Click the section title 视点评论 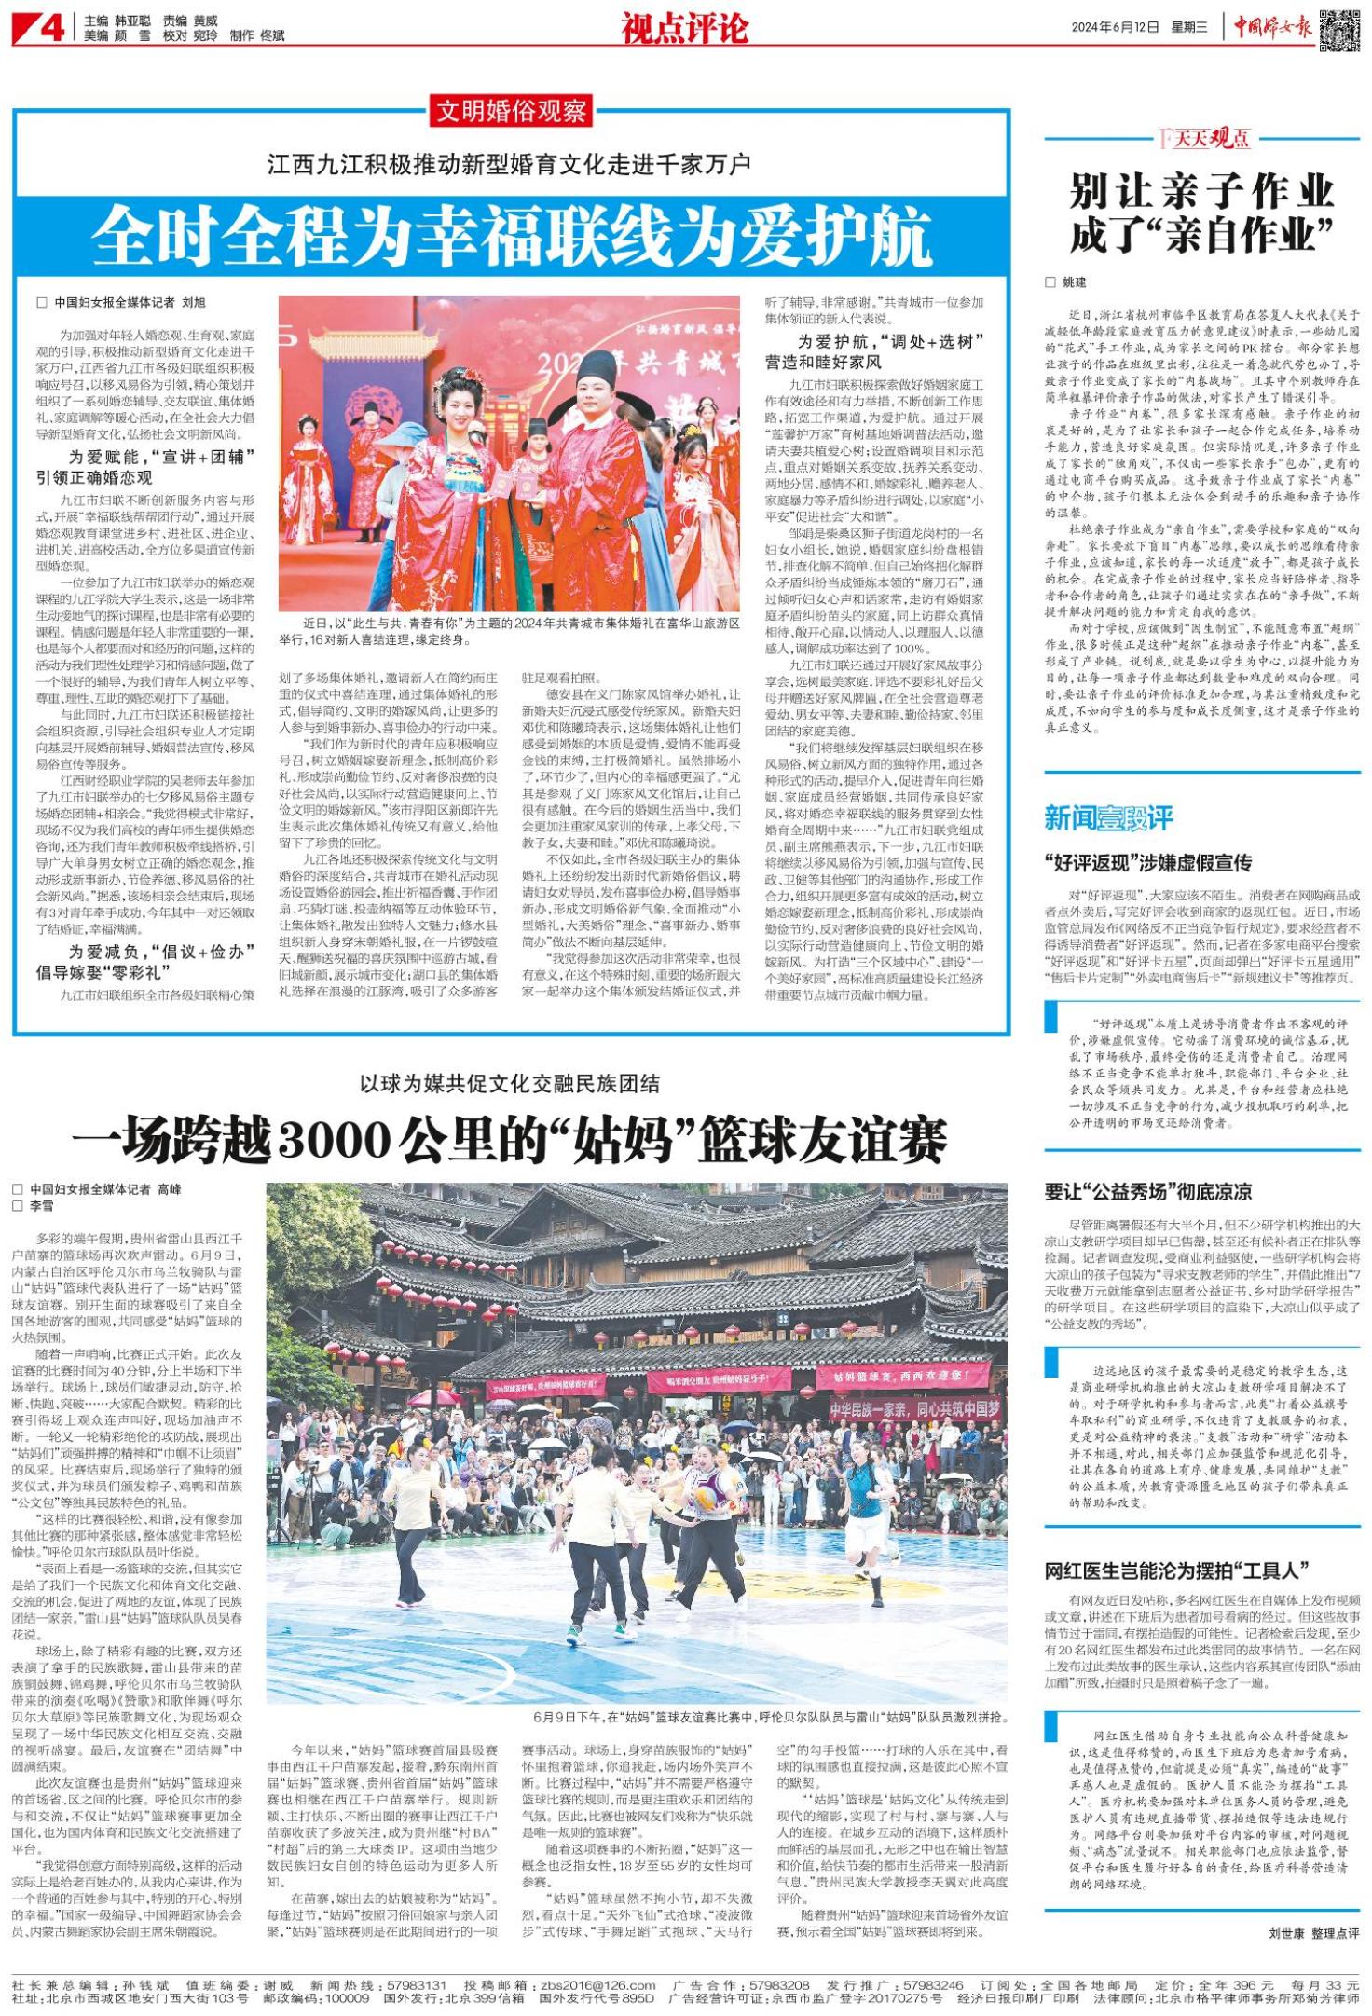[685, 29]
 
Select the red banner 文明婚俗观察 [512, 112]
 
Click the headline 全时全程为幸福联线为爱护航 [512, 235]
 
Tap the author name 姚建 [1074, 281]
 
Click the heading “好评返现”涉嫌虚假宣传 [1147, 862]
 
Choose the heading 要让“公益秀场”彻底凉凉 [1147, 1191]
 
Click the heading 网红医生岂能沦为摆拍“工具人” [1177, 1570]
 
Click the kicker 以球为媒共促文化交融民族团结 [510, 1083]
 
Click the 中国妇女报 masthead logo [1273, 29]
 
